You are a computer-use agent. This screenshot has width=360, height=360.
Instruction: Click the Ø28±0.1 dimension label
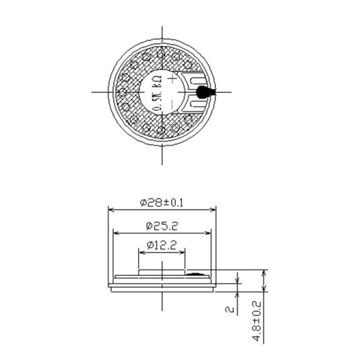(161, 203)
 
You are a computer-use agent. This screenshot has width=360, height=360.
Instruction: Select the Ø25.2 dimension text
(161, 226)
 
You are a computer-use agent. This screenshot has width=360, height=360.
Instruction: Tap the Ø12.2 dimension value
(161, 245)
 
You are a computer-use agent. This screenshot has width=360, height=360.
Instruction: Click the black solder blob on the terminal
(204, 92)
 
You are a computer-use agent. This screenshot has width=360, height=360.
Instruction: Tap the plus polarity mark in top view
(173, 78)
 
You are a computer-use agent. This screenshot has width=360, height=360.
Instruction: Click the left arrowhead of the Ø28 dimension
(110, 209)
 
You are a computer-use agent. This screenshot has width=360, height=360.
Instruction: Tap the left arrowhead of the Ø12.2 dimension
(141, 251)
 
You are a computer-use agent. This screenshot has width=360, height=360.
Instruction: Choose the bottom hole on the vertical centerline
(162, 131)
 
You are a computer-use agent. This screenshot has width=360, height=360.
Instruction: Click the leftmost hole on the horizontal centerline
(122, 92)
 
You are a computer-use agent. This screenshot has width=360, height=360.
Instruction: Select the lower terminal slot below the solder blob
(194, 105)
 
